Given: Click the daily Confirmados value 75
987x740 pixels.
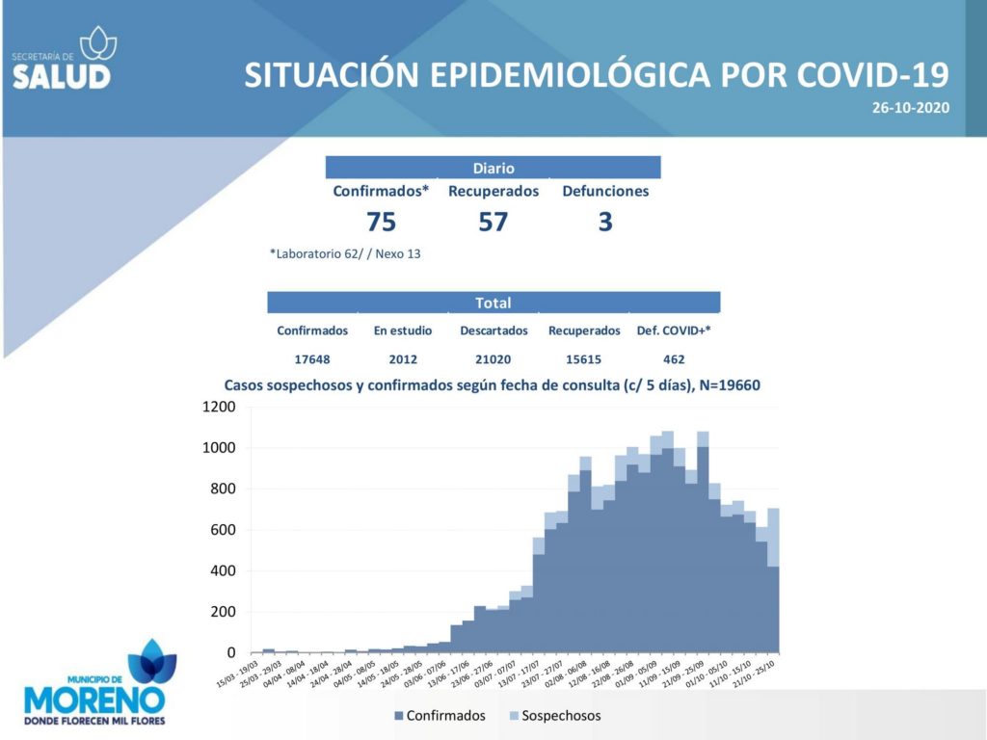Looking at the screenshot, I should (x=381, y=223).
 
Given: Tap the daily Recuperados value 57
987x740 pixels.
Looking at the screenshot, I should (x=493, y=223).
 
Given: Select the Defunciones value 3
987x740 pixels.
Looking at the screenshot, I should (x=605, y=223).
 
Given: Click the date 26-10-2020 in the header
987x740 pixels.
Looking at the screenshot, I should (x=911, y=107).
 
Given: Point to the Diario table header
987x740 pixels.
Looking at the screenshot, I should (x=493, y=169).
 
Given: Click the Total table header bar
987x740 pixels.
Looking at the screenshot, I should (x=493, y=303).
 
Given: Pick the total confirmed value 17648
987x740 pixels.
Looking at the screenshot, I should (x=312, y=359).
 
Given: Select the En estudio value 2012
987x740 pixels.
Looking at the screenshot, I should (x=402, y=359).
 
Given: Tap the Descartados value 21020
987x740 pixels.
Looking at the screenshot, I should (x=493, y=359).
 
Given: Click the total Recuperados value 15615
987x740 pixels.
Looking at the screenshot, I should (x=584, y=359).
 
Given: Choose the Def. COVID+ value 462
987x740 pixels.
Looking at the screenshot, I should (x=674, y=359).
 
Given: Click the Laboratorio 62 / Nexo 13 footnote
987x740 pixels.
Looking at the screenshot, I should (x=345, y=254).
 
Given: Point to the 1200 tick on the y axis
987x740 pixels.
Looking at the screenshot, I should (x=219, y=407).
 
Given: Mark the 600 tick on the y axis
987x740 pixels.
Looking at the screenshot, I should (x=224, y=530).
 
